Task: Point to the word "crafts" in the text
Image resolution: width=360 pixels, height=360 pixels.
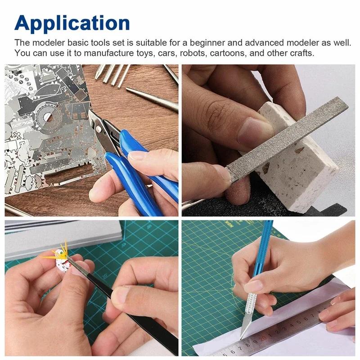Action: coord(300,53)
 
